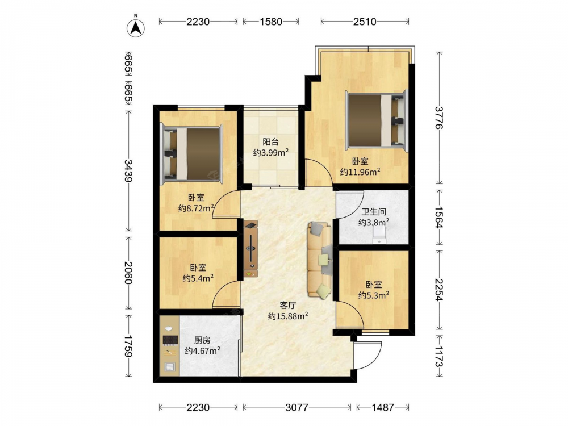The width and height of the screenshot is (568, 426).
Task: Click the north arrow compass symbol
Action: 136,27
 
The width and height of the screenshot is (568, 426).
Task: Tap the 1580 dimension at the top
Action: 270,22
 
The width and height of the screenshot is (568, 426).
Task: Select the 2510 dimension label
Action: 365,22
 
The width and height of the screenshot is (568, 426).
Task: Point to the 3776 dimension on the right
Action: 439,118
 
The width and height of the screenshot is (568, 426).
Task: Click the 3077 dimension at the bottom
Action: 296,407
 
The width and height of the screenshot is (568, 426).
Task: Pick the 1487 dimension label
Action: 382,407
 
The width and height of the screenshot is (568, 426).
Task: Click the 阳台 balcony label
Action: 270,141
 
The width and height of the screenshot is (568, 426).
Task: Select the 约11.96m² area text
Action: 360,172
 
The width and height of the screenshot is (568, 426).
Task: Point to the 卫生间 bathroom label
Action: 374,211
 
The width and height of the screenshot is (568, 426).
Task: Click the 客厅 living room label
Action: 287,306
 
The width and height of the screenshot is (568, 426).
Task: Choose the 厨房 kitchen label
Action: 202,340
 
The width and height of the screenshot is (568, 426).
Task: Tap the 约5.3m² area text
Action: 374,295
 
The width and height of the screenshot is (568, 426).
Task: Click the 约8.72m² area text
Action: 196,208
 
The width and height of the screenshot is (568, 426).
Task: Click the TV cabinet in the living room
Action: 250,249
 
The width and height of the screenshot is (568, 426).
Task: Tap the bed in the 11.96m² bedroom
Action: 377,119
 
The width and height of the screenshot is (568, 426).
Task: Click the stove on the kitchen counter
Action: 170,340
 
